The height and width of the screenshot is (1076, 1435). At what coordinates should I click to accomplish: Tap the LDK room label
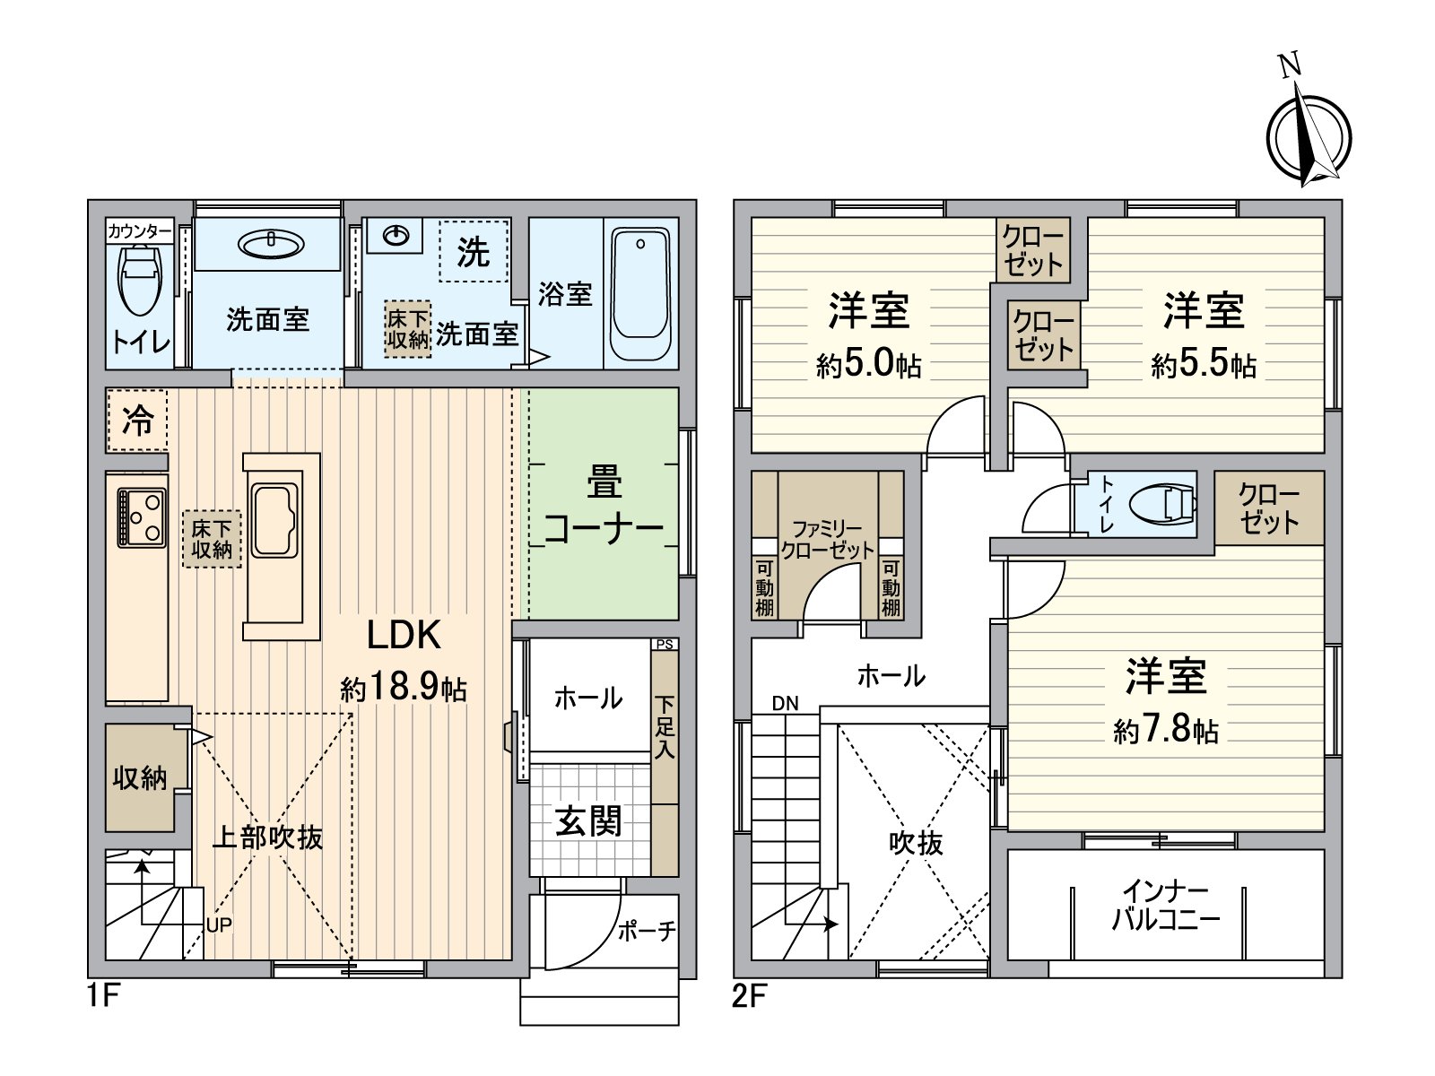click(x=404, y=635)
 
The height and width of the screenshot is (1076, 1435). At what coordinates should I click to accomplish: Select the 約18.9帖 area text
click(x=404, y=689)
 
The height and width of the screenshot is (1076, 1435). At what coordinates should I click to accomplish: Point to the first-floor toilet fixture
click(x=138, y=278)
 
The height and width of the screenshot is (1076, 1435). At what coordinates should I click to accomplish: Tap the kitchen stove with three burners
click(x=142, y=518)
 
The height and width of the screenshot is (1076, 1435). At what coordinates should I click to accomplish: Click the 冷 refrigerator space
click(x=137, y=420)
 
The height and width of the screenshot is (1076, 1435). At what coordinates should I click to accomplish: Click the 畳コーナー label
click(x=604, y=507)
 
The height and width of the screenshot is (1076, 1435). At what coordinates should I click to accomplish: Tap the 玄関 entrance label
click(x=588, y=820)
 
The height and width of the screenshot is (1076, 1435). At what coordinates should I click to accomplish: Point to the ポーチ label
click(x=646, y=932)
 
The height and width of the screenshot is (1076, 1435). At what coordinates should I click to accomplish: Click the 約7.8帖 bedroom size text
click(x=1166, y=732)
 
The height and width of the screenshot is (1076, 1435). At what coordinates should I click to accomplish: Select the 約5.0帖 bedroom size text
click(x=868, y=366)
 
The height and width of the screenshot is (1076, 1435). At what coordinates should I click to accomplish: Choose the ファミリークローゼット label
click(x=827, y=541)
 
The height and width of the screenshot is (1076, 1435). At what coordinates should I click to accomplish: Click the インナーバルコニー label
click(x=1166, y=906)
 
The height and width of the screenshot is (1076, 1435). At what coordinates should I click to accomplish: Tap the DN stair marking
click(x=785, y=704)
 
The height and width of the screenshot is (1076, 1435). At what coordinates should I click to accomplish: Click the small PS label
click(x=664, y=644)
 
